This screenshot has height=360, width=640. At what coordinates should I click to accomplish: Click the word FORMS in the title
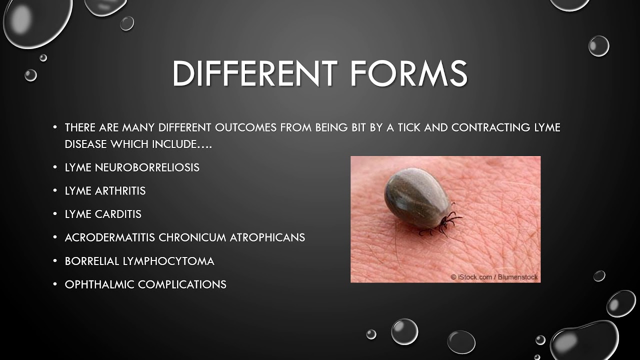pos(408,73)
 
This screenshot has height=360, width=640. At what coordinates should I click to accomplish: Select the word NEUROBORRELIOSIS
pos(147,167)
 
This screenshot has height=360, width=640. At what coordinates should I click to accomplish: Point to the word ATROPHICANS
pos(267,237)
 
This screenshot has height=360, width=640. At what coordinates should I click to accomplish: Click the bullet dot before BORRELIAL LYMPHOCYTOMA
pos(55,261)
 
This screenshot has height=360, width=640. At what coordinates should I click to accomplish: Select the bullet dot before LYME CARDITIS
pos(55,214)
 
